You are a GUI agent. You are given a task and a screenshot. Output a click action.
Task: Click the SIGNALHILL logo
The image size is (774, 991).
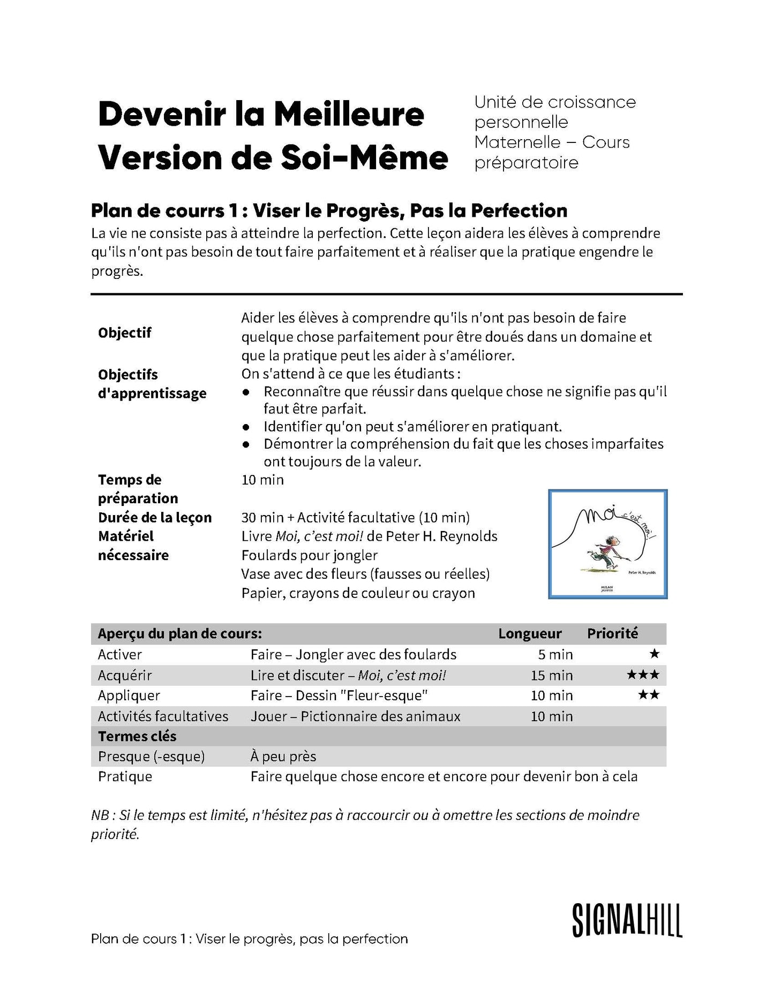click(x=627, y=920)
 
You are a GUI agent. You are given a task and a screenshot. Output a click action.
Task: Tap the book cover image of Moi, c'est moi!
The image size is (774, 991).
click(x=608, y=543)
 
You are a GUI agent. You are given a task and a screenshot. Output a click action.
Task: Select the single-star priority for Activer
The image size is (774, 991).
click(x=654, y=654)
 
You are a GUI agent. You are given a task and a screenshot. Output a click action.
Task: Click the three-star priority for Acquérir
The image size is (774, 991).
click(x=643, y=675)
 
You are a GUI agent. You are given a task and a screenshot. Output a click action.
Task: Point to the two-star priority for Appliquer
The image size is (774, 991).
click(x=649, y=695)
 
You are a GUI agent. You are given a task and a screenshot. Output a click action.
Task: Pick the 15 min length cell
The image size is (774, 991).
click(x=552, y=675)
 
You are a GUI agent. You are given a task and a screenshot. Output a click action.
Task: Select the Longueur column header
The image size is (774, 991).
click(x=530, y=633)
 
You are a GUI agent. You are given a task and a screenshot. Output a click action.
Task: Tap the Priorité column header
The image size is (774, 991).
click(x=612, y=633)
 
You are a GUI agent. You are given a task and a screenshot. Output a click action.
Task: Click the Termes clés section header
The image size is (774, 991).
click(x=137, y=736)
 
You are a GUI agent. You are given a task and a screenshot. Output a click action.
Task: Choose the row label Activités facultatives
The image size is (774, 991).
click(x=163, y=716)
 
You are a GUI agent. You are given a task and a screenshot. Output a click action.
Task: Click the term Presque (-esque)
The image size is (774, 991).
click(x=151, y=757)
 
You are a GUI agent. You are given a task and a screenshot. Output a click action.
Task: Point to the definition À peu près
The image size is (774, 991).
click(x=283, y=757)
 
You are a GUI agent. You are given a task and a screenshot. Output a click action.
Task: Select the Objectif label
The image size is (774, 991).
click(x=125, y=332)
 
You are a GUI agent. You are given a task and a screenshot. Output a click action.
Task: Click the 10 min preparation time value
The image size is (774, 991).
click(x=262, y=480)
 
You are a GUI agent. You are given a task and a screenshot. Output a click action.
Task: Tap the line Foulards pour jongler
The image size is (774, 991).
click(x=310, y=555)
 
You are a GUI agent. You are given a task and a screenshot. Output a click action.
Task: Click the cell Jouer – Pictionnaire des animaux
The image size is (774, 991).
click(x=355, y=716)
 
